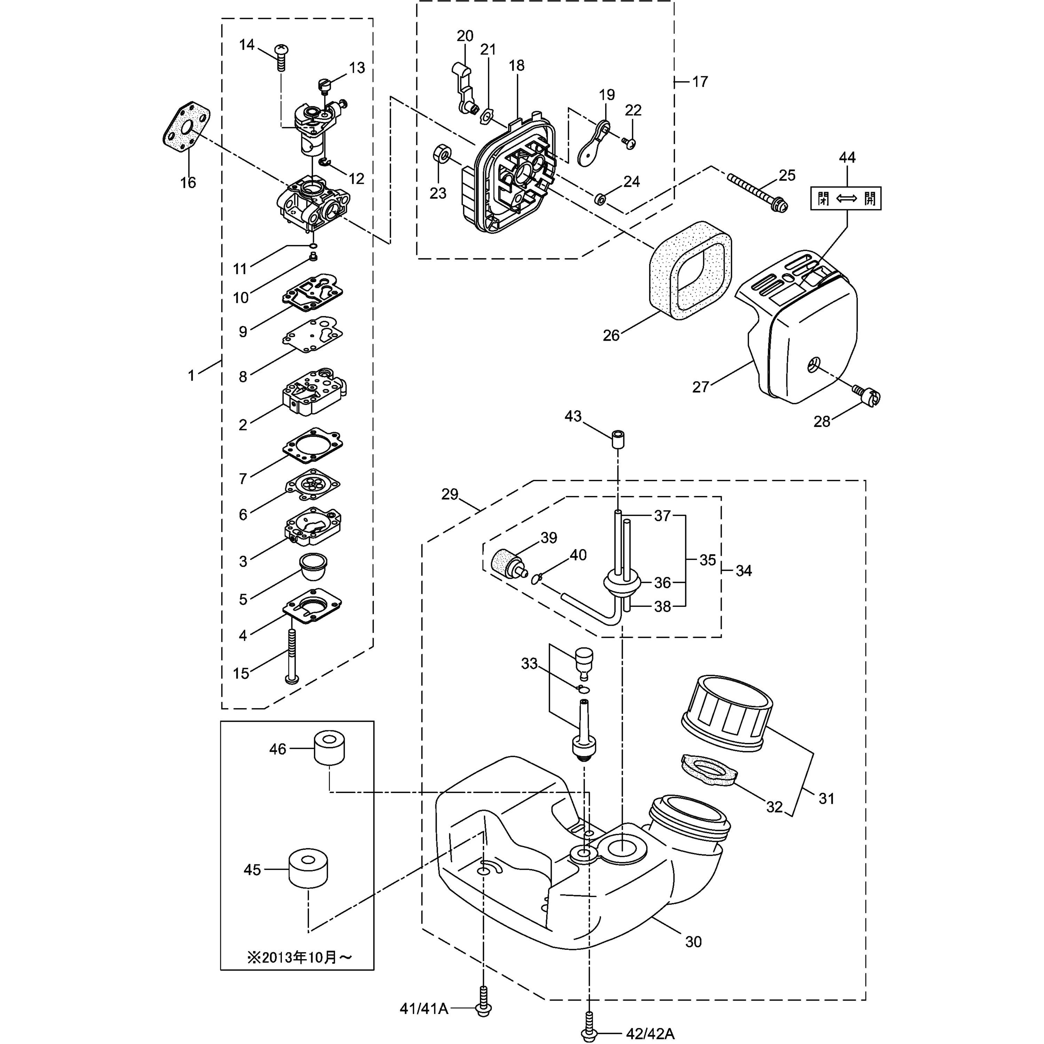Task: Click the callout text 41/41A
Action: coord(424,1009)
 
